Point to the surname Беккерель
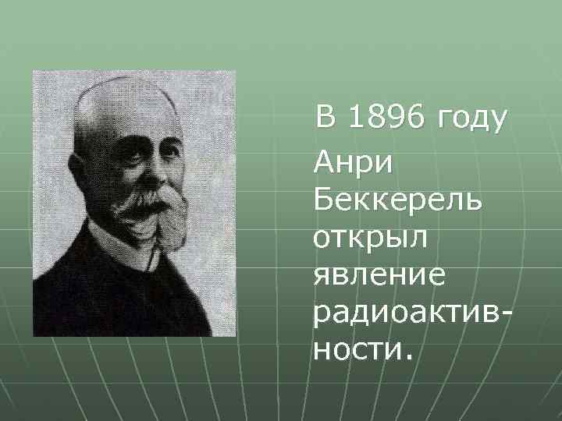coord(397,203)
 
